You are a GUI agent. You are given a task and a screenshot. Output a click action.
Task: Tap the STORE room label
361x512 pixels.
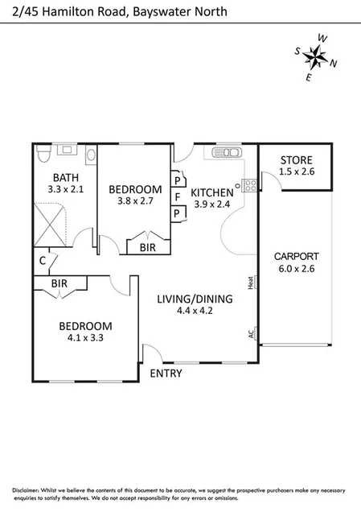[x=295, y=159]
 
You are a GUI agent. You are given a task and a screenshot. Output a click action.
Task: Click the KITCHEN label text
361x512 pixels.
[x=212, y=192]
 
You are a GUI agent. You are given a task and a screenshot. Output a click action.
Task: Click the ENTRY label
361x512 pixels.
[x=166, y=374]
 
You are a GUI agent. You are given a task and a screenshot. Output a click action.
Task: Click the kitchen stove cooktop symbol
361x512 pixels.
[x=249, y=184]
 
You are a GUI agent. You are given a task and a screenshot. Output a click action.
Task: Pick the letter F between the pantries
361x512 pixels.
[x=176, y=196]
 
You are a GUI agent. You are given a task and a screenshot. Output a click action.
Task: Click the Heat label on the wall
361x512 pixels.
[x=251, y=283]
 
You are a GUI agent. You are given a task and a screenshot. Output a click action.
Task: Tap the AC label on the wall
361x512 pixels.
[x=251, y=332]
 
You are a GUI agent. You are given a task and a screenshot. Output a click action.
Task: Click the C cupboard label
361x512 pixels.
[x=42, y=260]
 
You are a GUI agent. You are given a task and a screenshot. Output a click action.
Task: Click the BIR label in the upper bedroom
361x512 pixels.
[x=148, y=247]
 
